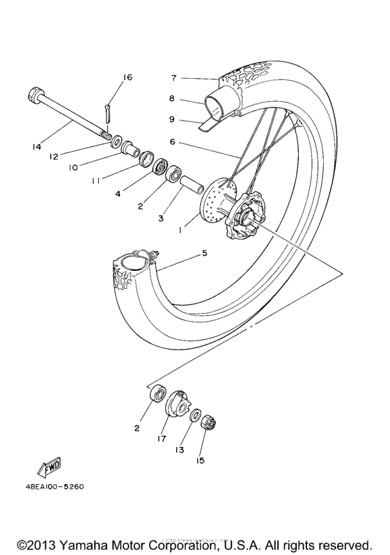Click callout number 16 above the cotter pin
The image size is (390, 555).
pos(127,77)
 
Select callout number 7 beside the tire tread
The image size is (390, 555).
pos(175,78)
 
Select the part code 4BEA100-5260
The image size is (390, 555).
pos(53,487)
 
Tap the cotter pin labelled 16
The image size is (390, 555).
pos(108,110)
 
